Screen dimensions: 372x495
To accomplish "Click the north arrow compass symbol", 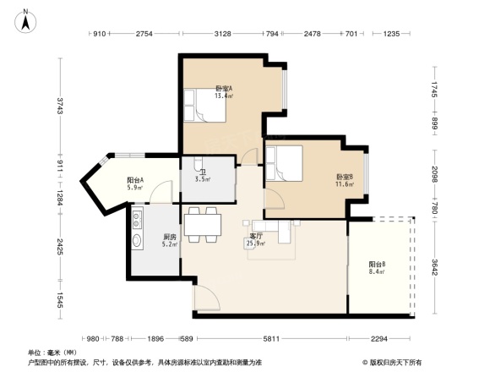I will tap(26, 20).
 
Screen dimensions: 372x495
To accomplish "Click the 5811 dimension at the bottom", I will tap(270, 339).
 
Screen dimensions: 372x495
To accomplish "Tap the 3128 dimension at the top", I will tap(223, 34).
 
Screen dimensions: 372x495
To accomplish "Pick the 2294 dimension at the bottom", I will tap(378, 339).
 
